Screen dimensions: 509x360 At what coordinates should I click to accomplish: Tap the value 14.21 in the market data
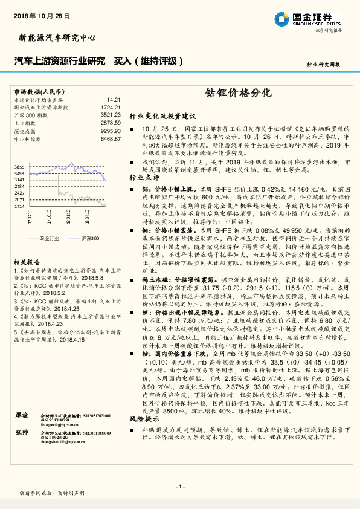tap(114, 99)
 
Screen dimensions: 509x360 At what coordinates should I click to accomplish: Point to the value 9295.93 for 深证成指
tap(111, 131)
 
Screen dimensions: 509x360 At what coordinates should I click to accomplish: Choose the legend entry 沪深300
tap(90, 239)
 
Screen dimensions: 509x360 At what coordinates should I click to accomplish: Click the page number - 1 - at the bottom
tap(179, 486)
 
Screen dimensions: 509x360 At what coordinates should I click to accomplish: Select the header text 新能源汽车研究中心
tap(54, 38)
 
